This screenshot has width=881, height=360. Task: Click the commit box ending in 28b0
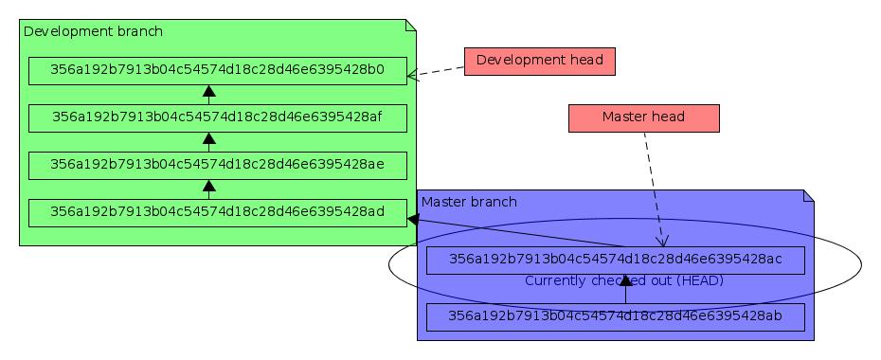pyautogui.click(x=217, y=70)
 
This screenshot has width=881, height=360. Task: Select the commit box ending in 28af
pyautogui.click(x=217, y=117)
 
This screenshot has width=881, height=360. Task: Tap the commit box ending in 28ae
pyautogui.click(x=217, y=165)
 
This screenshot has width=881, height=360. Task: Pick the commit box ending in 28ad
pyautogui.click(x=217, y=212)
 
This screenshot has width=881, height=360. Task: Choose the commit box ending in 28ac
pyautogui.click(x=615, y=260)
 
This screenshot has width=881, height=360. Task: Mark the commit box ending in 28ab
pyautogui.click(x=615, y=316)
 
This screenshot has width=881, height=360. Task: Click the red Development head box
pyautogui.click(x=539, y=61)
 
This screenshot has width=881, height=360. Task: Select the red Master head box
pyautogui.click(x=643, y=117)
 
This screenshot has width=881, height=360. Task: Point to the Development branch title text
pyautogui.click(x=93, y=31)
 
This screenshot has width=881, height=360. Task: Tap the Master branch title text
pyautogui.click(x=469, y=202)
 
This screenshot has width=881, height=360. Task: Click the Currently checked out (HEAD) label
pyautogui.click(x=624, y=281)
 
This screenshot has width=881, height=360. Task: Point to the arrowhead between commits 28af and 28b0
pyautogui.click(x=209, y=92)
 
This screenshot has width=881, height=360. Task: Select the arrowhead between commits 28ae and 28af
pyautogui.click(x=209, y=139)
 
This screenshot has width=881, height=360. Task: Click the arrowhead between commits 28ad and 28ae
pyautogui.click(x=209, y=187)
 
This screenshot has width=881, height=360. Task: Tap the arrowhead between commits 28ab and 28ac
pyautogui.click(x=625, y=281)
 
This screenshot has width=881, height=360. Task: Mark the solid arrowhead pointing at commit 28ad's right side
pyautogui.click(x=413, y=219)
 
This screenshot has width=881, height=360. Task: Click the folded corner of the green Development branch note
pyautogui.click(x=411, y=25)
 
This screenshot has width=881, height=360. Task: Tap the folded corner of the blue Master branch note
pyautogui.click(x=809, y=195)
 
